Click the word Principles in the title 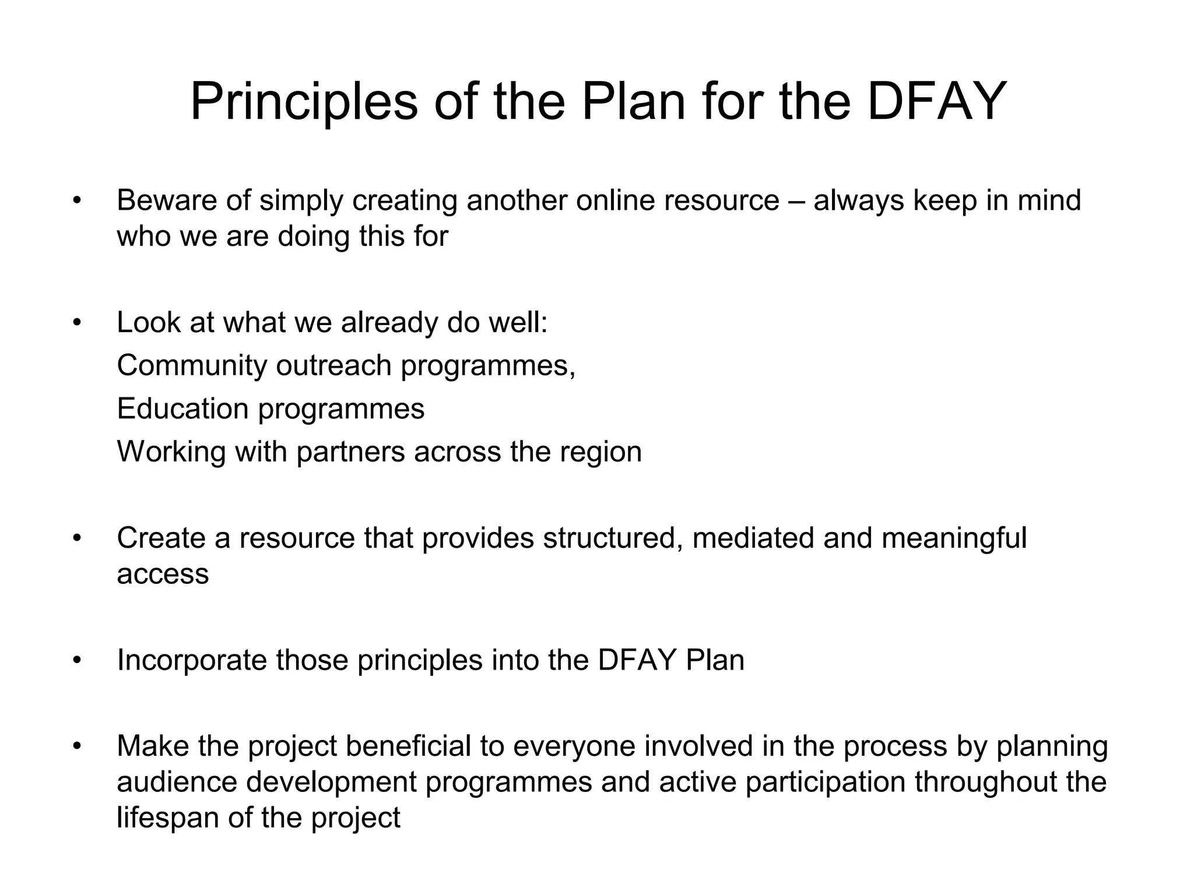[x=304, y=101]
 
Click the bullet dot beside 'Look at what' [x=76, y=323]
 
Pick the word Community [x=191, y=366]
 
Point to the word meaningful [x=954, y=539]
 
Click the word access [x=163, y=575]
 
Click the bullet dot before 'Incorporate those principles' [x=76, y=661]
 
